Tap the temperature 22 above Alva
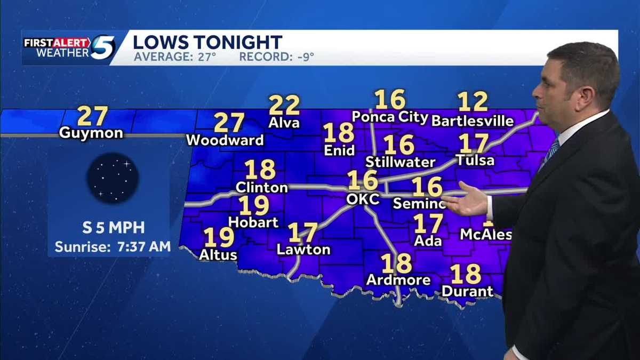[x=284, y=105]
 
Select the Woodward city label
[x=225, y=140]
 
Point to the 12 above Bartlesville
[x=473, y=102]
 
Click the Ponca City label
[x=390, y=117]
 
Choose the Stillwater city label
[x=400, y=162]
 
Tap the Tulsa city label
[x=475, y=160]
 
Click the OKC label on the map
[x=363, y=199]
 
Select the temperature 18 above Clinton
[x=260, y=170]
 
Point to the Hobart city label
[x=253, y=222]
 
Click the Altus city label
[x=218, y=255]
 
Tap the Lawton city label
[x=303, y=250]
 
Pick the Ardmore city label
[x=398, y=280]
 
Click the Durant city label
[x=468, y=291]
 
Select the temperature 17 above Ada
[x=428, y=223]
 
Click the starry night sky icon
[x=113, y=178]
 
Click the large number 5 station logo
[x=102, y=47]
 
